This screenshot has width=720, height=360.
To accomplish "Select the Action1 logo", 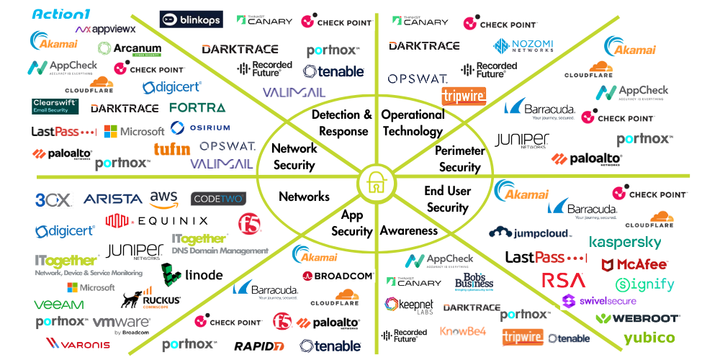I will (60, 14).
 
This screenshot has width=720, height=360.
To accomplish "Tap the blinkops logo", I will (191, 19).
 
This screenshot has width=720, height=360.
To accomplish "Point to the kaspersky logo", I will (624, 242).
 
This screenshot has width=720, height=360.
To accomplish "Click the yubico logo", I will (649, 338).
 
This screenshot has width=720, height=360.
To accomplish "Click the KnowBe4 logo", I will (463, 332).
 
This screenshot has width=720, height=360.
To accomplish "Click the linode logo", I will (192, 274).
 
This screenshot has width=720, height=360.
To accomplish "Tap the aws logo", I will (163, 197).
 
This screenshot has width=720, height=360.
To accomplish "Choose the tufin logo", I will (171, 148).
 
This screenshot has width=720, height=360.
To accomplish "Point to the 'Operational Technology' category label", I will (413, 122).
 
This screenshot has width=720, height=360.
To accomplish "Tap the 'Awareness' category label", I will (408, 230).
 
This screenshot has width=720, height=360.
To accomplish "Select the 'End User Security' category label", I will (447, 199).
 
